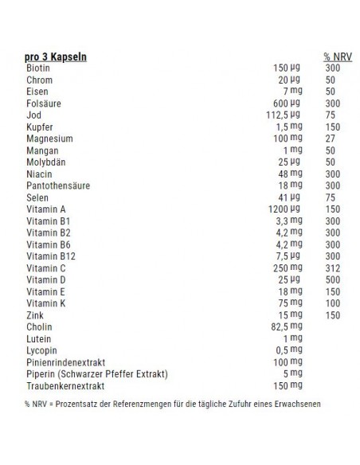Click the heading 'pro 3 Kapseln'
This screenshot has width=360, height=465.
[56, 57]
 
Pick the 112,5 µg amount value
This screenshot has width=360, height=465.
[283, 115]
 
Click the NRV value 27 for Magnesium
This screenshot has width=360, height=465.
[331, 138]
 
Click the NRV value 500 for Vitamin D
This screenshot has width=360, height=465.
[332, 280]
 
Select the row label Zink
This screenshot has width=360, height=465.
[34, 315]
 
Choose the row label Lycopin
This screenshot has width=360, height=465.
[41, 350]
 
